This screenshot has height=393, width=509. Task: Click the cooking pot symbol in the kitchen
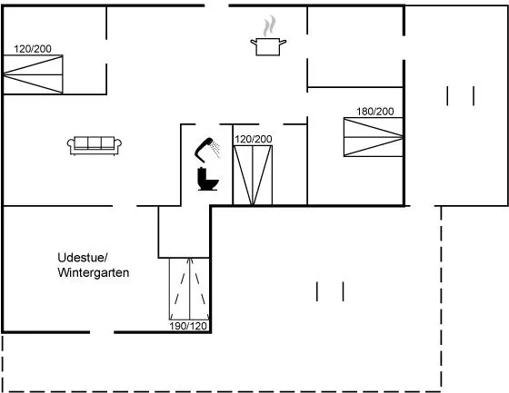(x=268, y=47)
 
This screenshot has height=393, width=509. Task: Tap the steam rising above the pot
(x=269, y=26)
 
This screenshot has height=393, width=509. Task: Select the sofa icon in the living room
(x=95, y=145)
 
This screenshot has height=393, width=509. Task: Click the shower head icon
(x=205, y=150)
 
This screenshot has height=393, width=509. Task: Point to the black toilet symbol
(x=208, y=179)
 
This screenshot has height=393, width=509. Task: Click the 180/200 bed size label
(x=374, y=112)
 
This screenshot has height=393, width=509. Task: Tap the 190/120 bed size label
(x=188, y=326)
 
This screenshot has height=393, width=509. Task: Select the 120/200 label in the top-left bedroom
(x=33, y=49)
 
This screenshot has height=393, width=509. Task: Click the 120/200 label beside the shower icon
(x=254, y=139)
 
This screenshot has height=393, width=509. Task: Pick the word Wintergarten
(x=94, y=272)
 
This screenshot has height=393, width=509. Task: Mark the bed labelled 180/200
(x=374, y=137)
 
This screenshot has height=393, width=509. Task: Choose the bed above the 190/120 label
(x=189, y=289)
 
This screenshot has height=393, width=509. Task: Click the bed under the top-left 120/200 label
(x=33, y=74)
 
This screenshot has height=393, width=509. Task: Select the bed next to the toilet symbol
(x=253, y=175)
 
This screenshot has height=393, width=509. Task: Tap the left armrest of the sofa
(x=71, y=145)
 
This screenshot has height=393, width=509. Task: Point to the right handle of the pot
(x=283, y=42)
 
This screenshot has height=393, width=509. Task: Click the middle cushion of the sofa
(x=95, y=142)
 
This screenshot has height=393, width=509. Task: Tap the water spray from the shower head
(x=215, y=149)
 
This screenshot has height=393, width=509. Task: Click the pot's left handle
(x=254, y=42)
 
